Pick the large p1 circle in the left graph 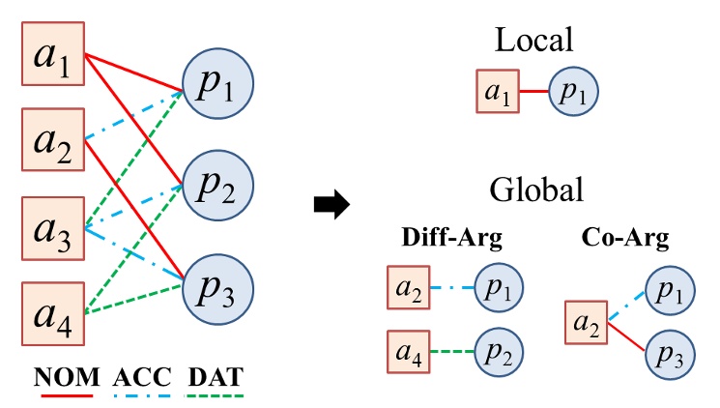click(x=217, y=90)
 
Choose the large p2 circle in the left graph click(x=217, y=183)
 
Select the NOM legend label click(x=64, y=375)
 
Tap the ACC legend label click(x=140, y=375)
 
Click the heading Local click(x=534, y=40)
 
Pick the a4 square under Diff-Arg click(x=408, y=351)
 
